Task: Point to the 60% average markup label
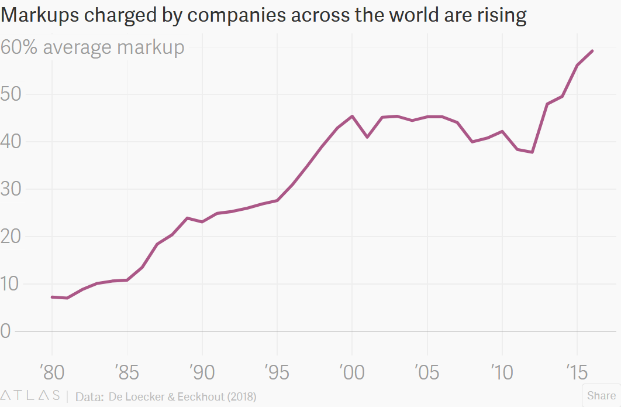click(92, 47)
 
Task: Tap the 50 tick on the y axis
click(14, 94)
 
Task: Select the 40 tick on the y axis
click(14, 142)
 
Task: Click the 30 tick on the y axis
click(14, 189)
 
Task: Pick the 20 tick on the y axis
click(14, 237)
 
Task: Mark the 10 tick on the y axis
click(14, 284)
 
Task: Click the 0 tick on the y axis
click(7, 331)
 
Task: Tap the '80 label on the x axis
click(51, 372)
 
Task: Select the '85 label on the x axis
click(126, 372)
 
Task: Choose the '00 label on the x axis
click(351, 372)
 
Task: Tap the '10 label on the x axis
click(501, 372)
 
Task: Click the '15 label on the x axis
click(576, 372)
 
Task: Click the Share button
click(601, 396)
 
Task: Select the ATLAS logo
click(30, 396)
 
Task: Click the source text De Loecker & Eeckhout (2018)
click(182, 396)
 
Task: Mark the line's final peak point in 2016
click(592, 51)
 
